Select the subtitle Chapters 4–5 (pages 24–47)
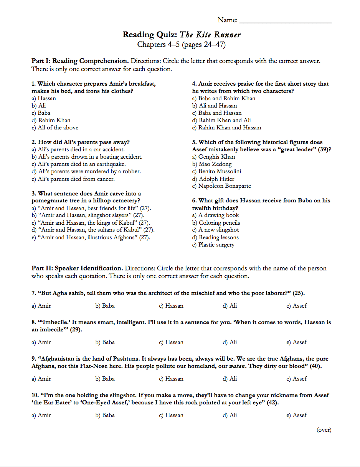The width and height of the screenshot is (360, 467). click(181, 45)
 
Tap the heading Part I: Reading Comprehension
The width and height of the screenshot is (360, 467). click(80, 61)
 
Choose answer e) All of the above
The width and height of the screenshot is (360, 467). click(55, 128)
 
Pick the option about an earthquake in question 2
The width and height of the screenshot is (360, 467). click(79, 164)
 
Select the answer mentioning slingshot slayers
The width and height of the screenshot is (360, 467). click(88, 215)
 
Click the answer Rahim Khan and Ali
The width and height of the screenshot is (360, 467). click(221, 120)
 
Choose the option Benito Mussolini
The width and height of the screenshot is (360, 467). click(216, 171)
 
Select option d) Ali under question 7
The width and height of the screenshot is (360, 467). click(230, 306)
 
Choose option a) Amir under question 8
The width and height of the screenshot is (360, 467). click(41, 342)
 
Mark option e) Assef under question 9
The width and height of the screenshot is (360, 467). click(296, 379)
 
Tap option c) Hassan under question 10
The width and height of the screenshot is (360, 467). click(171, 415)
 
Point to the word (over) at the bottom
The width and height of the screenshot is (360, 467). click(324, 430)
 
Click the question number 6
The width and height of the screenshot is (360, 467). click(195, 200)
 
